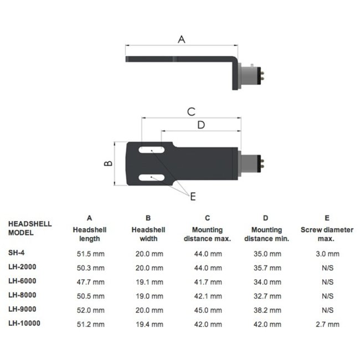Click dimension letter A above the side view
click(181, 39)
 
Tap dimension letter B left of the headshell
click(109, 163)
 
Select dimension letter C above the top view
click(191, 111)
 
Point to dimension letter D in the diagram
click(201, 125)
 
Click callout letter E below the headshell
click(193, 196)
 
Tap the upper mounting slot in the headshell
click(151, 150)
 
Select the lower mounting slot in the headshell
click(151, 177)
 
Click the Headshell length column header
click(89, 234)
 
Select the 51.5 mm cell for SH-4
click(90, 254)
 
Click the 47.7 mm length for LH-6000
click(90, 282)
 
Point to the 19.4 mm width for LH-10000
click(148, 325)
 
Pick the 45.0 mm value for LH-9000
click(207, 310)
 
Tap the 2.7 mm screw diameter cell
click(326, 325)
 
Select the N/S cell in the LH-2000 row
click(326, 268)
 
